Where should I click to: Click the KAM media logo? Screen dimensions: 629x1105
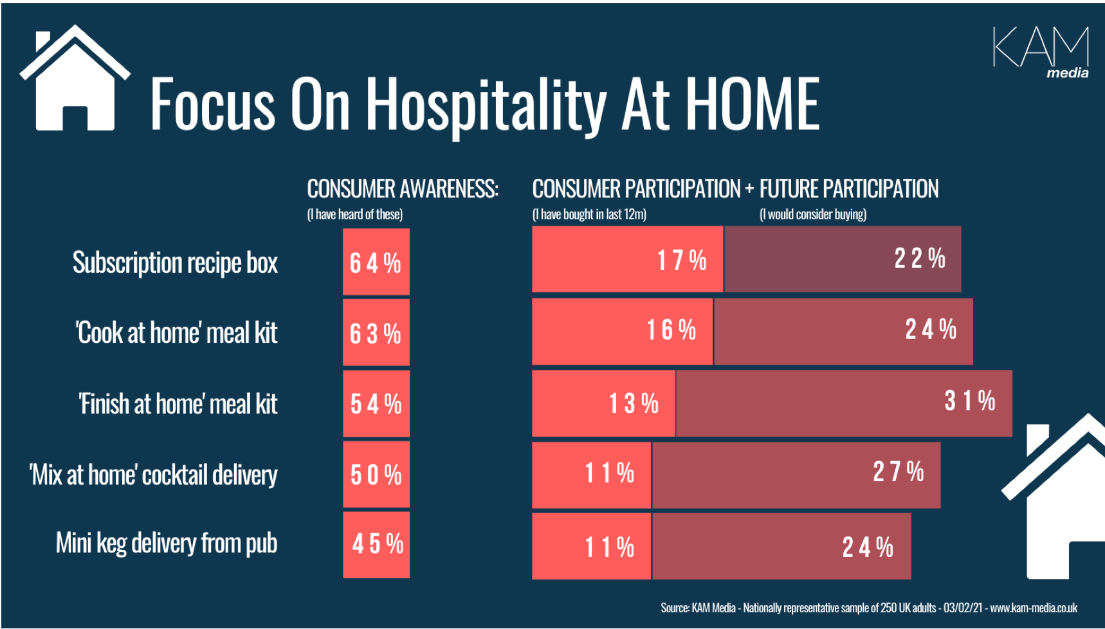click(x=1041, y=51)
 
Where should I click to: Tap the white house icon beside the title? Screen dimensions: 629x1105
click(x=75, y=80)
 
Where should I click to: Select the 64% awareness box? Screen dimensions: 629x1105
click(x=376, y=262)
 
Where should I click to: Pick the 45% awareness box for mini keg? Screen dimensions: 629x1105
click(x=376, y=544)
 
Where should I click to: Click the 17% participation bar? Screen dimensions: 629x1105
click(x=627, y=259)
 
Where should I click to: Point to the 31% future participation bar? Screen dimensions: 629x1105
click(x=844, y=403)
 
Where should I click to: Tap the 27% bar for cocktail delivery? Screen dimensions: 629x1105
click(x=796, y=475)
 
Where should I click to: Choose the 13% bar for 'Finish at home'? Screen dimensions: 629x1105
click(x=603, y=403)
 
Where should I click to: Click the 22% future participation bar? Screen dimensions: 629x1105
click(x=843, y=259)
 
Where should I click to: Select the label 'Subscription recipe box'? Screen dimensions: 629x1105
click(x=175, y=263)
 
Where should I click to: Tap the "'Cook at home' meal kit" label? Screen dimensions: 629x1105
click(x=177, y=333)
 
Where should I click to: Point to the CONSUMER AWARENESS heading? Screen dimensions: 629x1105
click(x=402, y=189)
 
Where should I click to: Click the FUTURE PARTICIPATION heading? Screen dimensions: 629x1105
click(x=848, y=189)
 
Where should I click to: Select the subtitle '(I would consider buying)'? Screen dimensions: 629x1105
click(x=813, y=215)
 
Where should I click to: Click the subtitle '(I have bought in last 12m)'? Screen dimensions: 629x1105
click(x=589, y=215)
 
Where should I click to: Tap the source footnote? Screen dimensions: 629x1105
click(x=868, y=608)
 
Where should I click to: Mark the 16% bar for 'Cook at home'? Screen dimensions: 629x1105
click(x=622, y=331)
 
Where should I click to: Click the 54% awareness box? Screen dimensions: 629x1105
click(x=376, y=404)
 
